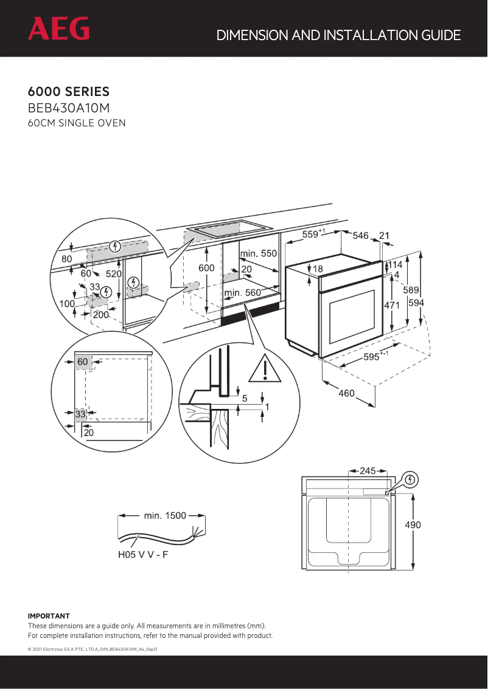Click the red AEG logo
58,29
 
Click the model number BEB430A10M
69,109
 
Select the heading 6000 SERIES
69,92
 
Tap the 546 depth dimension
361,235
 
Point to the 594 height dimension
416,303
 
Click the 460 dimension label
346,394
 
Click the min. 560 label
243,292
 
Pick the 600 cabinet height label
206,268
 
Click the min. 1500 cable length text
164,516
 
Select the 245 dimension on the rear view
368,470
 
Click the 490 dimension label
413,524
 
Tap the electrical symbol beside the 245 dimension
411,480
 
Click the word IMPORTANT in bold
49,615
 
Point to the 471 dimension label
391,306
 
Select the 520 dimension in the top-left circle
114,274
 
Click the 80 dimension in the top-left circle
66,259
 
